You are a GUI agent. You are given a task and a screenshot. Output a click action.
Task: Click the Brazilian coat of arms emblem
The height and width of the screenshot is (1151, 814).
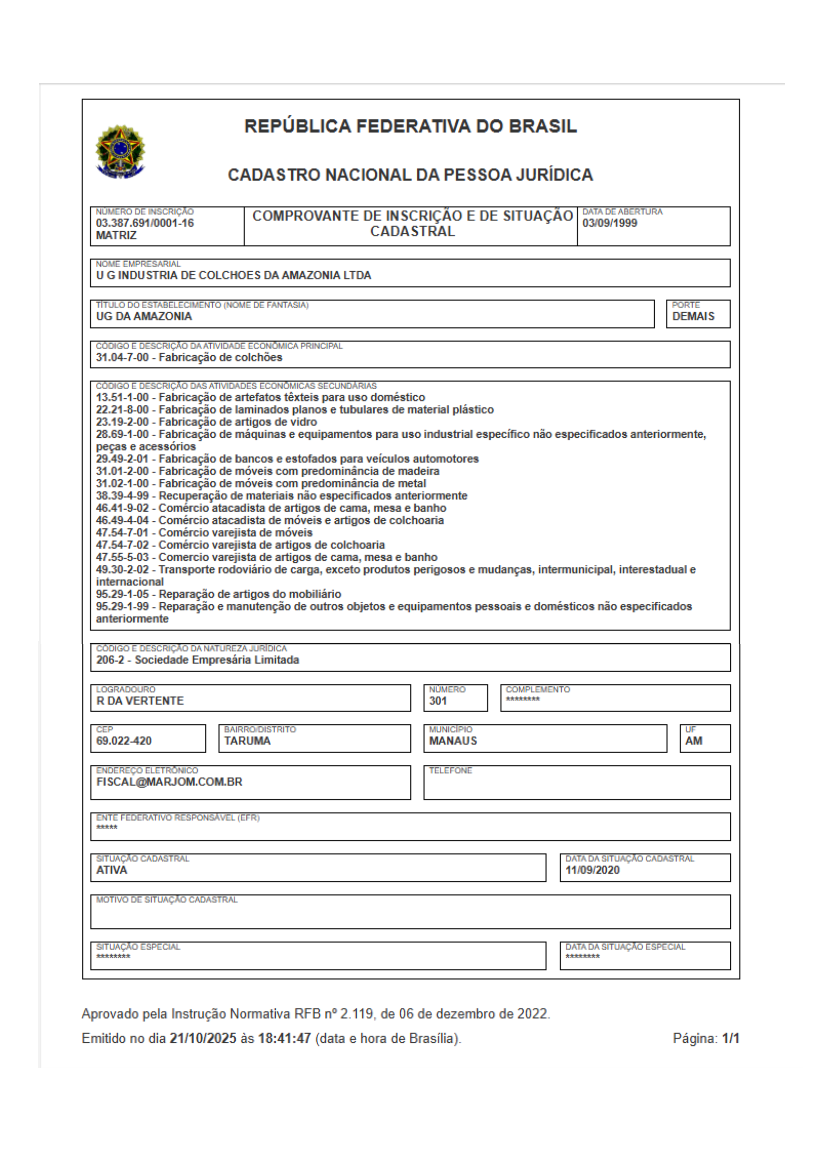120,151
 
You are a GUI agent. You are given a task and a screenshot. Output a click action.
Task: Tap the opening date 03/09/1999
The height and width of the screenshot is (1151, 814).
610,223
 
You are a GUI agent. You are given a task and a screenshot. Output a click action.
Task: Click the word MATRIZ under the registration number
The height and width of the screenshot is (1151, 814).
116,235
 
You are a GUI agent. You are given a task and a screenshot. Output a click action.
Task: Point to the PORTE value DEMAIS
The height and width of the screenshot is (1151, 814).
693,316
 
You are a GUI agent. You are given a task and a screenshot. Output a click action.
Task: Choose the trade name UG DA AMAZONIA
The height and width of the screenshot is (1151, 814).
144,316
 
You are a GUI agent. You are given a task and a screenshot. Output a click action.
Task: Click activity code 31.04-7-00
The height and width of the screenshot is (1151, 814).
122,357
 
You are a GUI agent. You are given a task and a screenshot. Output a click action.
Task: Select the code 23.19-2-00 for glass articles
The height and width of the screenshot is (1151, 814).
122,422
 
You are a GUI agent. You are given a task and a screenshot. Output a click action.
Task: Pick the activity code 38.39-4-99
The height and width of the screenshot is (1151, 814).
122,496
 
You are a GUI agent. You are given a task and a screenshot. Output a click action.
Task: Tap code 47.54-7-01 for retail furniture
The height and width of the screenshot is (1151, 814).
122,533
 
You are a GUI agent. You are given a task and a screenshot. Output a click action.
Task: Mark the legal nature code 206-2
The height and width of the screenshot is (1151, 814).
109,660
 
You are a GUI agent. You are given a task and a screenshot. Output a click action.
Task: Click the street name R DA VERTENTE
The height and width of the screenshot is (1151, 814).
140,701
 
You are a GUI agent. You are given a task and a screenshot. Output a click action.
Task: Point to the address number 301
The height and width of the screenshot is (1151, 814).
438,701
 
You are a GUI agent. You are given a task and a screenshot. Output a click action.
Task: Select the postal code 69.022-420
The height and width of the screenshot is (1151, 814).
124,741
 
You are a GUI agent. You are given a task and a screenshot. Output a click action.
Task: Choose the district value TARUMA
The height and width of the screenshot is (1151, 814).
247,741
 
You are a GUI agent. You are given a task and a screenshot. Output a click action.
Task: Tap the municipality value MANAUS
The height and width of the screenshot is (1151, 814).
453,741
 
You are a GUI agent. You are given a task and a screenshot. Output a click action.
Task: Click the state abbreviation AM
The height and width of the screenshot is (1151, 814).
694,741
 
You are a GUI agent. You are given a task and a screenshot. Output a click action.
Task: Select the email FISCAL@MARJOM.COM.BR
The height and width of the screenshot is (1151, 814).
169,782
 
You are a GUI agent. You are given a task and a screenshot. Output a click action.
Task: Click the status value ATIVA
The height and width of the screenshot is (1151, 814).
112,870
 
